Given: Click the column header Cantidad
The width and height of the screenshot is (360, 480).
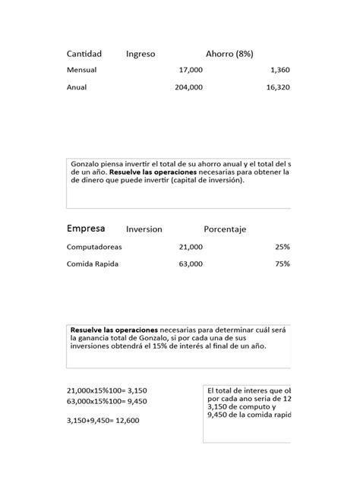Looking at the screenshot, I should click(84, 54).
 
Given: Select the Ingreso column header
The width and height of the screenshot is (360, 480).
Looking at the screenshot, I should click(141, 54).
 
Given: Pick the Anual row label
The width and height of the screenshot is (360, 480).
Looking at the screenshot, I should click(77, 87).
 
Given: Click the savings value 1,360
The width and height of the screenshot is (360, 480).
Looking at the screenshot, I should click(279, 70).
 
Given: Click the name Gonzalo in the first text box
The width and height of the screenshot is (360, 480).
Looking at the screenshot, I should click(86, 164).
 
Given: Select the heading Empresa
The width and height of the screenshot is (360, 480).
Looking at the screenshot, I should click(86, 229).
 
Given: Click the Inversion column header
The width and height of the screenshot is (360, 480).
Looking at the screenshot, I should click(144, 229).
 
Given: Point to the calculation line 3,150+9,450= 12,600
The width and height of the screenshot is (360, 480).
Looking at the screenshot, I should click(107, 419).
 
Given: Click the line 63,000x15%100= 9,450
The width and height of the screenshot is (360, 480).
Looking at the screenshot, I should click(107, 400).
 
